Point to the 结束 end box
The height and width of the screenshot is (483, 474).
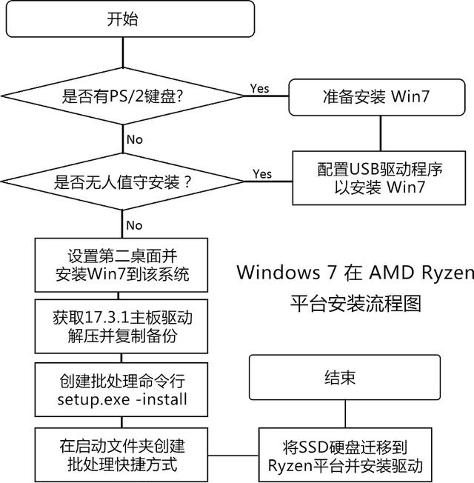tap(339, 379)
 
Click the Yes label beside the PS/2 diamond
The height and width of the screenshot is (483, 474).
tap(259, 88)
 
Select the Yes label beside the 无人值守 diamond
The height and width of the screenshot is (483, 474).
tap(262, 174)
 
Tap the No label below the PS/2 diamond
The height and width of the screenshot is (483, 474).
tap(134, 139)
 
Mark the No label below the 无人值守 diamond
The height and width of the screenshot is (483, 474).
tap(134, 224)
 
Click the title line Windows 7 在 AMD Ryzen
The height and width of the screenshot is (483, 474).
tap(354, 273)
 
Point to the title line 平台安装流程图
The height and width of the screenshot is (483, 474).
tap(354, 304)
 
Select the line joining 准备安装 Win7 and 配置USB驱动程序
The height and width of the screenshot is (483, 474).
tap(380, 134)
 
